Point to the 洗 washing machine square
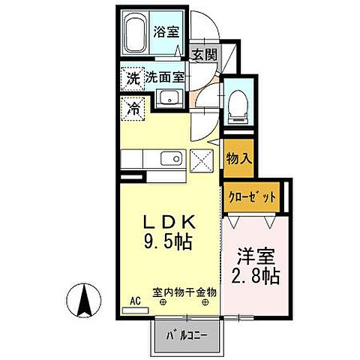point(132,76)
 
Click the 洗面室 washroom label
point(165,76)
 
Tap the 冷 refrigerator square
point(133,108)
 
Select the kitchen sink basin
point(172,158)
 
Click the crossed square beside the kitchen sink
point(202,159)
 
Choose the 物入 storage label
point(238,158)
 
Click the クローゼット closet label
point(251,196)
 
